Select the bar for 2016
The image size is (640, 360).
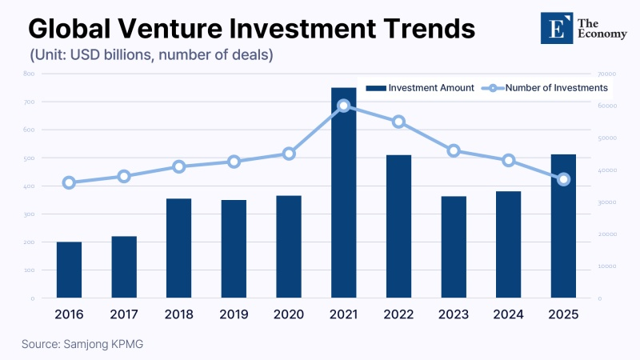(x=69, y=270)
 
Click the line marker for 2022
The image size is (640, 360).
(x=398, y=122)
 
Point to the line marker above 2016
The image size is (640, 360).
(x=69, y=182)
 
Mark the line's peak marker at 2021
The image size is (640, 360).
(x=343, y=106)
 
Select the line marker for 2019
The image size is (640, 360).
(x=234, y=162)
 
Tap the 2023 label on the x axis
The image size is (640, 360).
(x=454, y=314)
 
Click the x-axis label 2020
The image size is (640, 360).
(x=289, y=314)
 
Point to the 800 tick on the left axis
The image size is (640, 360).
(x=29, y=74)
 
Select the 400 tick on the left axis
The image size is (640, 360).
(x=29, y=186)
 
